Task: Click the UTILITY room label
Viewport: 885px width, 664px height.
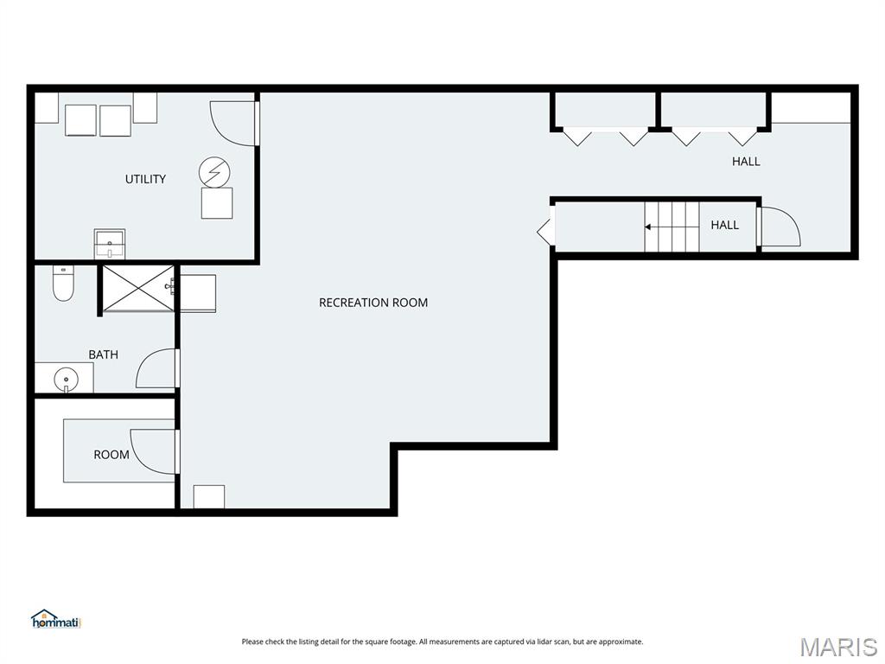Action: (x=145, y=179)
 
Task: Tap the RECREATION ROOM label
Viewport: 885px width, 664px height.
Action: (x=373, y=303)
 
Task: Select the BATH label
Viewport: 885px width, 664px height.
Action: (x=104, y=354)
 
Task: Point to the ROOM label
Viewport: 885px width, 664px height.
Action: (x=111, y=455)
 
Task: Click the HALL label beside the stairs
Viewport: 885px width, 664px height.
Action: (x=725, y=225)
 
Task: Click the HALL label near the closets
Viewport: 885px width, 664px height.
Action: (x=746, y=162)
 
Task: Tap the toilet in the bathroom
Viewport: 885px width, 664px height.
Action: (x=63, y=284)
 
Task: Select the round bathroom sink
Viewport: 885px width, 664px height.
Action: (x=66, y=379)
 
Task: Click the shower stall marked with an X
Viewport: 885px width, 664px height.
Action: (x=138, y=287)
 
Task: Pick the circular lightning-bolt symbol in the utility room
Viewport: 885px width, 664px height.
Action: (x=214, y=171)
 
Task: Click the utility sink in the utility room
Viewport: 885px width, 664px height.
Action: (x=110, y=243)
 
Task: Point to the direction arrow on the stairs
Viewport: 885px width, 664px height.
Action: (x=672, y=227)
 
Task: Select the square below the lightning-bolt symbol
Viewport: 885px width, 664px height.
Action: (x=217, y=203)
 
